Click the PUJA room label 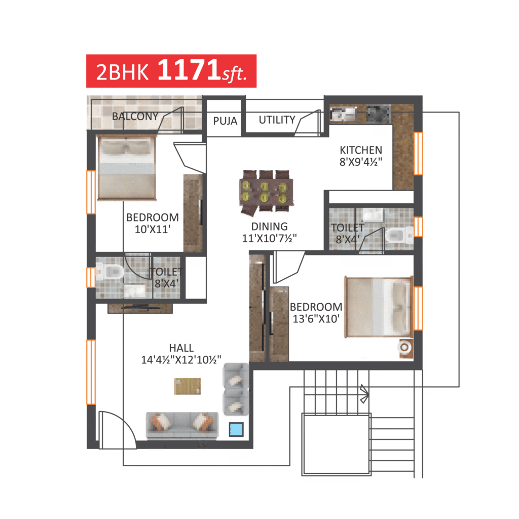click(x=225, y=121)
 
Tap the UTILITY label click(x=277, y=120)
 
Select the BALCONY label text click(x=135, y=117)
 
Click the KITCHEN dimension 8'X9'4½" click(x=361, y=162)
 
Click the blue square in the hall click(x=236, y=430)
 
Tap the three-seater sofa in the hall click(x=182, y=425)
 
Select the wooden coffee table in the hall click(x=188, y=386)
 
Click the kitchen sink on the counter click(x=343, y=114)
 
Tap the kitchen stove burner click(x=379, y=114)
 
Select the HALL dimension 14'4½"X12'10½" click(x=181, y=360)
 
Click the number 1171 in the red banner click(x=189, y=69)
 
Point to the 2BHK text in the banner click(x=122, y=72)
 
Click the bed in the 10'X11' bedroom click(x=126, y=168)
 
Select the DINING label click(x=270, y=227)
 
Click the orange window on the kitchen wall click(x=418, y=153)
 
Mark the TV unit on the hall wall click(x=140, y=308)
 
